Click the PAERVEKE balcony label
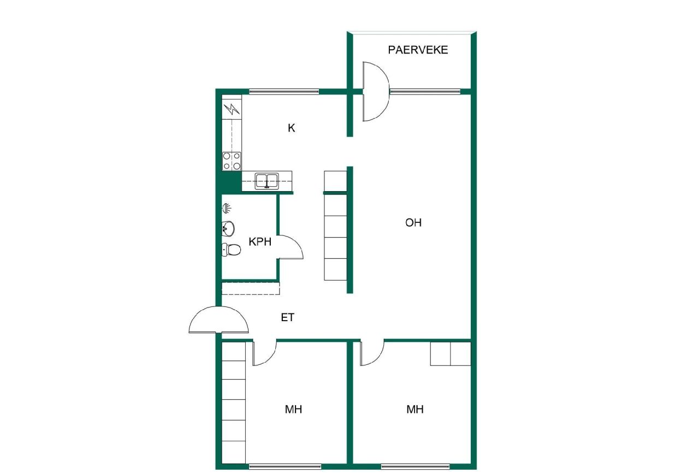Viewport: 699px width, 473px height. coord(418,50)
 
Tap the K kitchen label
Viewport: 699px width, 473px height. coord(292,128)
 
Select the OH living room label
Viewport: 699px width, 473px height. coord(413,223)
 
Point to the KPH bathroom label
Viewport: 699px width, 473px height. coord(260,242)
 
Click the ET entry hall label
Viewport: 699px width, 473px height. coord(288,317)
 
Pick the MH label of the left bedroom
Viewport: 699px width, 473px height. coord(293,409)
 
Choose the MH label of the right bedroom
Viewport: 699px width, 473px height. coord(415,409)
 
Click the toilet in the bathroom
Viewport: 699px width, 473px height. coord(232,250)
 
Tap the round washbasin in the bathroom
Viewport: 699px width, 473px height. coord(228,228)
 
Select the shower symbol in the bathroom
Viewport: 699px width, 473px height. coord(227,208)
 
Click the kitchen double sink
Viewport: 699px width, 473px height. coord(267,180)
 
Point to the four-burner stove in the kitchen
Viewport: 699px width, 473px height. coord(232,161)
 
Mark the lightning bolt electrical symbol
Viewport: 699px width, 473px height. coord(232,108)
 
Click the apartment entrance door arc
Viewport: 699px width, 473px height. coord(218,320)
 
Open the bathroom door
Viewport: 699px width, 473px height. coord(291,247)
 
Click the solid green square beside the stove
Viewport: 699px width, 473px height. coord(231,182)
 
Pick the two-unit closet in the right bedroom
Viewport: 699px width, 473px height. coord(451,353)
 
